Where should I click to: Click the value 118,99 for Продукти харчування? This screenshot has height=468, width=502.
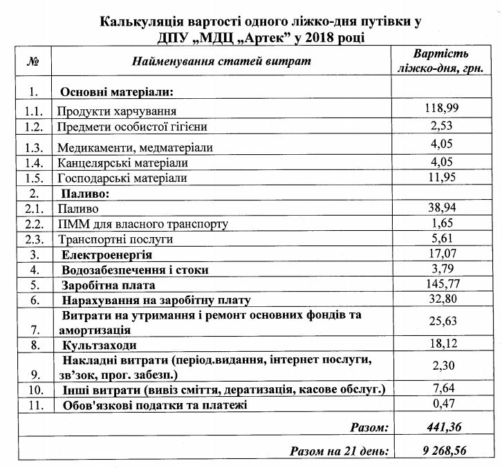[x=441, y=109]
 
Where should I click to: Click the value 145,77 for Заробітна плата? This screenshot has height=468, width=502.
[x=441, y=284]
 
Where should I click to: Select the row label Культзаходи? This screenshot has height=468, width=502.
[x=99, y=344]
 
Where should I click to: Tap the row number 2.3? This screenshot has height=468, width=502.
[x=32, y=239]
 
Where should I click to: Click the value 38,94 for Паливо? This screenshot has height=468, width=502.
[x=441, y=207]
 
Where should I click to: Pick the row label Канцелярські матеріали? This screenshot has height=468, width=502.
[x=123, y=163]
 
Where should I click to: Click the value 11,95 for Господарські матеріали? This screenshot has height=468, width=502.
[x=441, y=178]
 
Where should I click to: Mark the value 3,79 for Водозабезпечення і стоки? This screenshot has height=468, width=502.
[x=441, y=269]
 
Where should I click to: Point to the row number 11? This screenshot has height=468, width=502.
[x=32, y=404]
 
